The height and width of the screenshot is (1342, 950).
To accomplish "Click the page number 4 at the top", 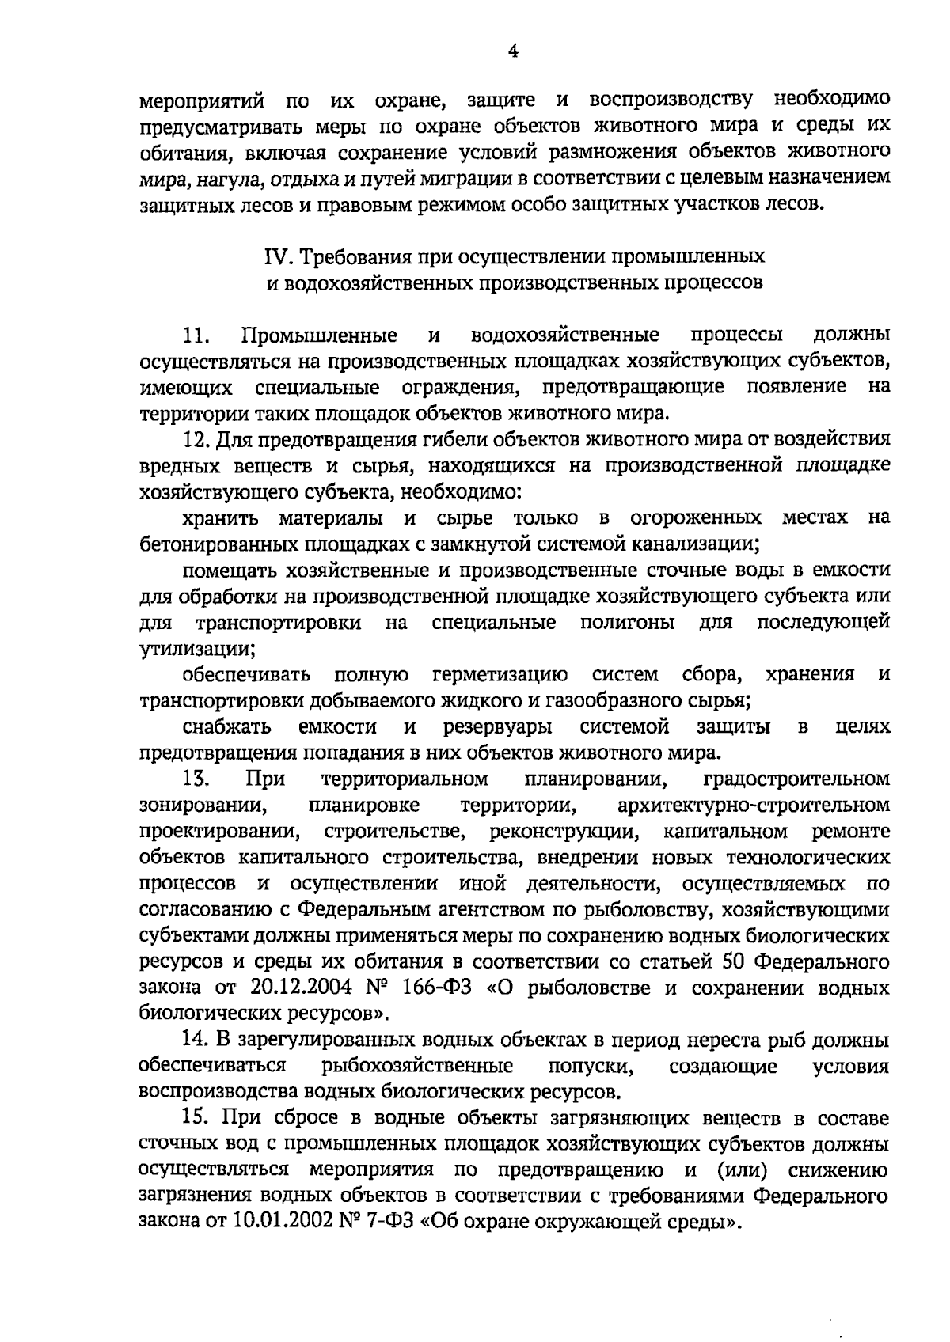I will pos(513,51).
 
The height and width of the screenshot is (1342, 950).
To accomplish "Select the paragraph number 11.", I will pos(195,335).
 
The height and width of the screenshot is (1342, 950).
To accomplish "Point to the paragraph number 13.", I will pos(195,779).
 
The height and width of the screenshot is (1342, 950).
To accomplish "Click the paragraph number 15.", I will pos(195,1118).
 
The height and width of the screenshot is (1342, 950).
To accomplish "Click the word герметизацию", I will pos(500,675).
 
